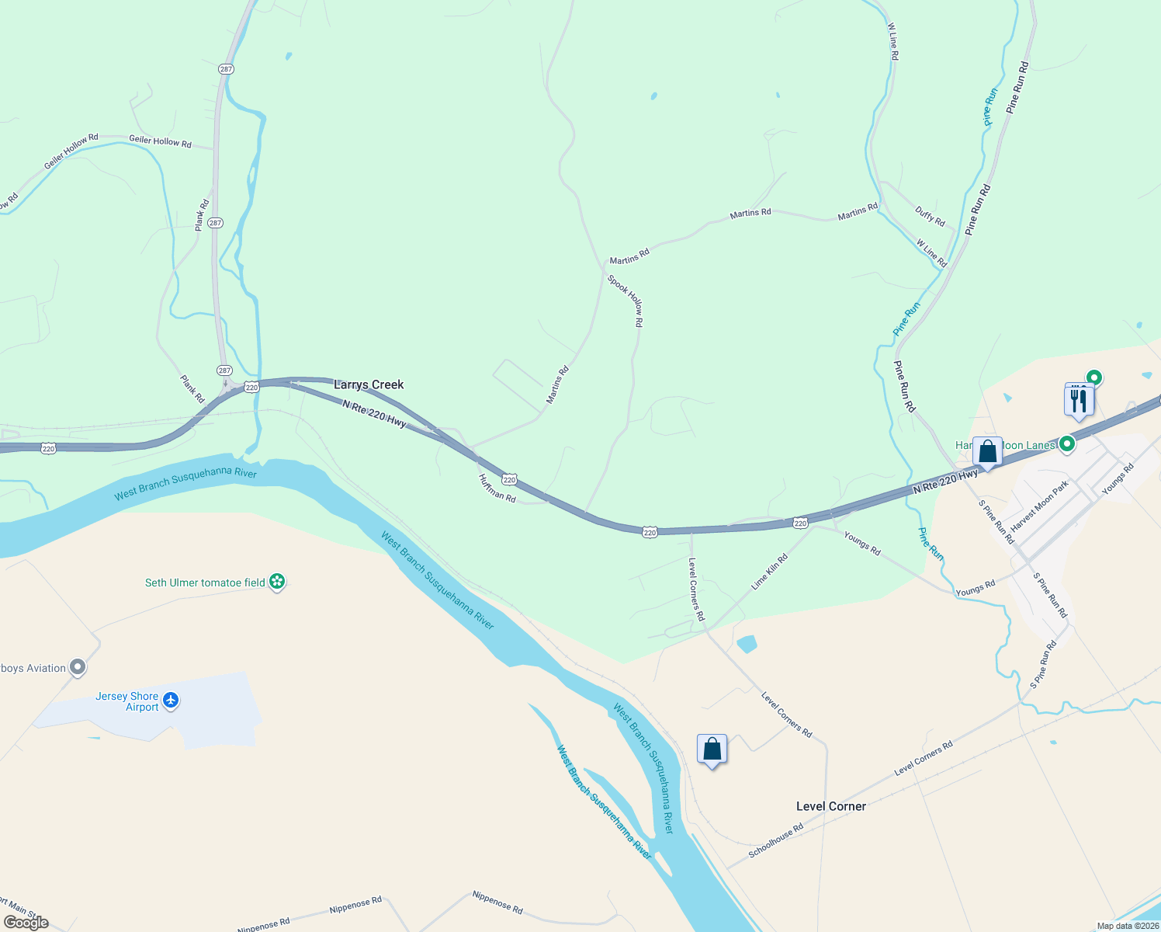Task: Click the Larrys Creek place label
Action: tap(369, 384)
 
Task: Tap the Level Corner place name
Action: tap(830, 806)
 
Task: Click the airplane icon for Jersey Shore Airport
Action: tap(171, 701)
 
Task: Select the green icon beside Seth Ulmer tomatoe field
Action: tap(277, 582)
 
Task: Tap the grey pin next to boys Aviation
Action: tap(77, 667)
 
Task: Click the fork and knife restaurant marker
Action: tap(1079, 400)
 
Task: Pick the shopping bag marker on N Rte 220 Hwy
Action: tap(987, 452)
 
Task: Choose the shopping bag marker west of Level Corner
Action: tap(712, 749)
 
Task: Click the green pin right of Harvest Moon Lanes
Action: tap(1067, 444)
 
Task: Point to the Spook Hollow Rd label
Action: tap(626, 300)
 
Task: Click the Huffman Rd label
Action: tap(497, 488)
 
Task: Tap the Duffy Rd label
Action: tap(930, 216)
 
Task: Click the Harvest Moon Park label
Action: tap(1040, 506)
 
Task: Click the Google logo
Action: tap(26, 922)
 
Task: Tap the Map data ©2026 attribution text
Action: tap(1127, 926)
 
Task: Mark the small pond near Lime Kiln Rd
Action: tap(747, 644)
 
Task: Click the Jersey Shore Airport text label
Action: tap(127, 701)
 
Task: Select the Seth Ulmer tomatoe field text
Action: tap(205, 582)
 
